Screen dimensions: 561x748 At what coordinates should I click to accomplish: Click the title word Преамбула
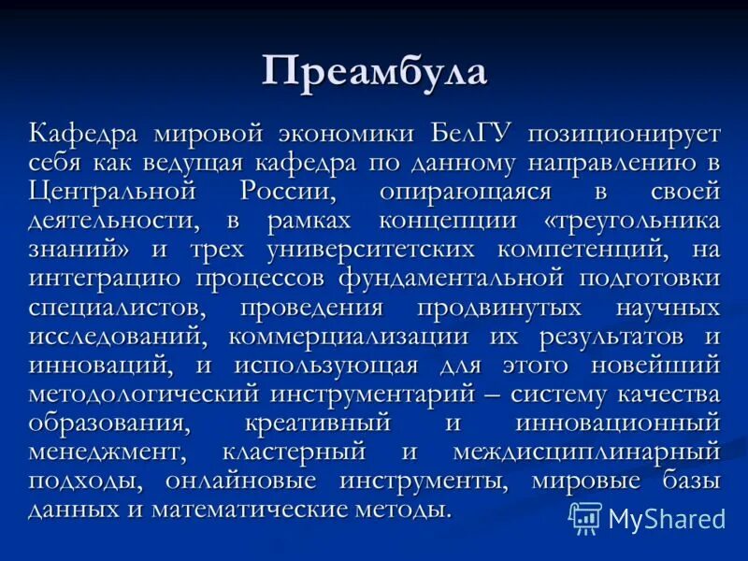click(374, 71)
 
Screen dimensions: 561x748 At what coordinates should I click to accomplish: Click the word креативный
click(318, 424)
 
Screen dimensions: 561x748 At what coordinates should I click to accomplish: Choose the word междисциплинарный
click(587, 453)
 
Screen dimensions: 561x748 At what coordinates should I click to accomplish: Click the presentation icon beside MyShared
click(585, 518)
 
